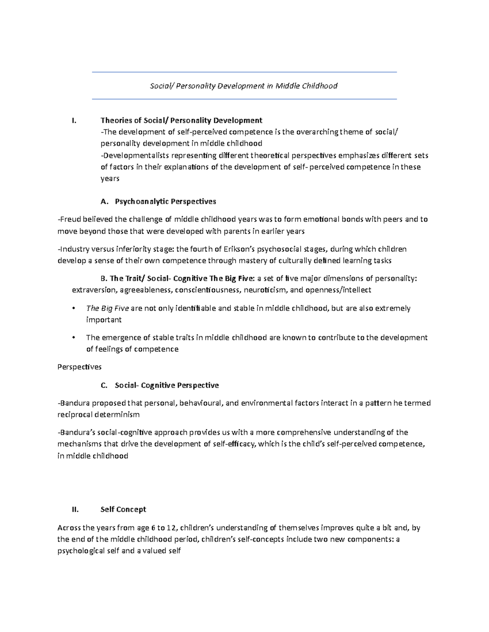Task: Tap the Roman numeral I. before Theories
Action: click(x=73, y=120)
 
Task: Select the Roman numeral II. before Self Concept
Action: click(x=75, y=510)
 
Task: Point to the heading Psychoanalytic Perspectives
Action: click(x=165, y=201)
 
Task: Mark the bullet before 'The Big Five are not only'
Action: click(x=73, y=308)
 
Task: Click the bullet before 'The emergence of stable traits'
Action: click(x=73, y=338)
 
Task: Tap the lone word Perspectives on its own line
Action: click(x=79, y=367)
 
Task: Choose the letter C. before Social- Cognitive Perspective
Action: click(x=104, y=385)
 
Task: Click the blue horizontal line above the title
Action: click(x=244, y=72)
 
